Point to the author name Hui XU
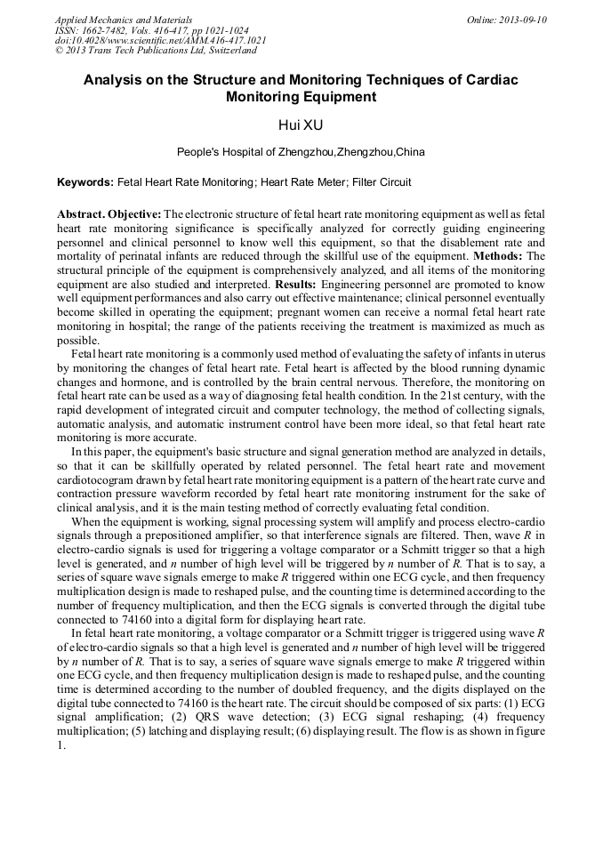point(301,125)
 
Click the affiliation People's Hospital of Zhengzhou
point(254,152)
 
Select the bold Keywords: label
point(85,182)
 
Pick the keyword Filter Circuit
point(382,182)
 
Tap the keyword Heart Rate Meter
point(301,182)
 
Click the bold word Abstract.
point(81,215)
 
